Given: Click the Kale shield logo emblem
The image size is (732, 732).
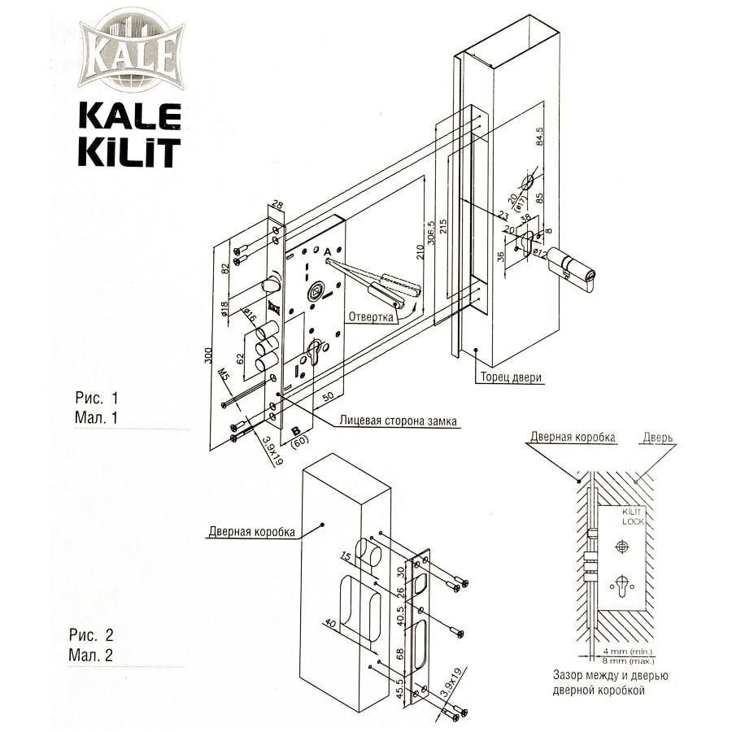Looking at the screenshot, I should coord(130,52).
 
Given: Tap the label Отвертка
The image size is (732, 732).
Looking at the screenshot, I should coord(371,316).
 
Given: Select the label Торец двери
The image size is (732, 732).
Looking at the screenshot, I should coord(511,377).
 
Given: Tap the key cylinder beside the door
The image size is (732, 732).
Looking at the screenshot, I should coord(573,267).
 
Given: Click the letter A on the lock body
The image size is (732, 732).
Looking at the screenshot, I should coord(326,253).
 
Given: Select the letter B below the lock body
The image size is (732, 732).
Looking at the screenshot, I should coord(296,429).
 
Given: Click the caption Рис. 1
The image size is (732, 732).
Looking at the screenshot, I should coord(97,399).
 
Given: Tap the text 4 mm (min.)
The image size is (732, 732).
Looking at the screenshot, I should coord(625,651).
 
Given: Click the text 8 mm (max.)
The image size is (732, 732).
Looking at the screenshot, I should coord(625,660).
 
